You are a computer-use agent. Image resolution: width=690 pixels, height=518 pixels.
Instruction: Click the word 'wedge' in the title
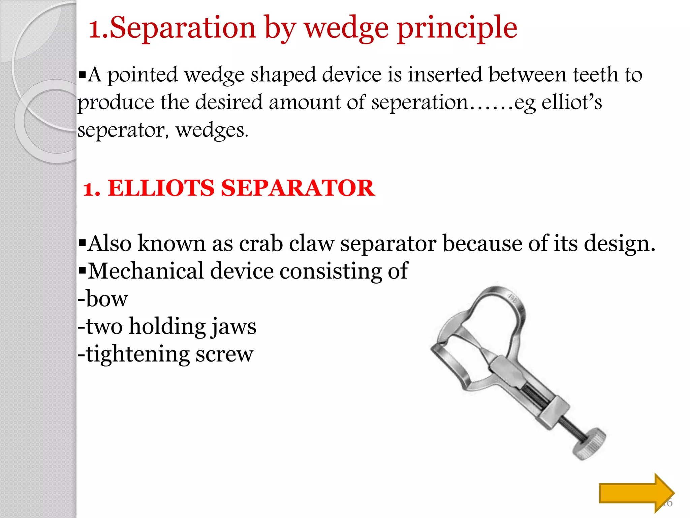point(347,28)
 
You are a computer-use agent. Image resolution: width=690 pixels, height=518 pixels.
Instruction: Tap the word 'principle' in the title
point(457,28)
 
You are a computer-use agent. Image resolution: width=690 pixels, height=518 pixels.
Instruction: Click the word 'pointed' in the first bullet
point(142,75)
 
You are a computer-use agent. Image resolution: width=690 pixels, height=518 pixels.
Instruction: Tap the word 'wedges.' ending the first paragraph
point(212,130)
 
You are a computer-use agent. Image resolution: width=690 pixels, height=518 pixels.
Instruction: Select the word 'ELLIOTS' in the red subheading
point(161,188)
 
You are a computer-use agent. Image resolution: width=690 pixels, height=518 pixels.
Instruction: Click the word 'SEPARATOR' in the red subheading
point(298,188)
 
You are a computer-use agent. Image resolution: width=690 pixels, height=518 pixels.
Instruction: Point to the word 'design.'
point(620,243)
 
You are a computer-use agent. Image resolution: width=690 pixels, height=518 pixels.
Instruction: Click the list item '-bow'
point(103,299)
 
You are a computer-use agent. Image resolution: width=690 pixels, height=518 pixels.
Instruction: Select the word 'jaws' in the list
point(233,326)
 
